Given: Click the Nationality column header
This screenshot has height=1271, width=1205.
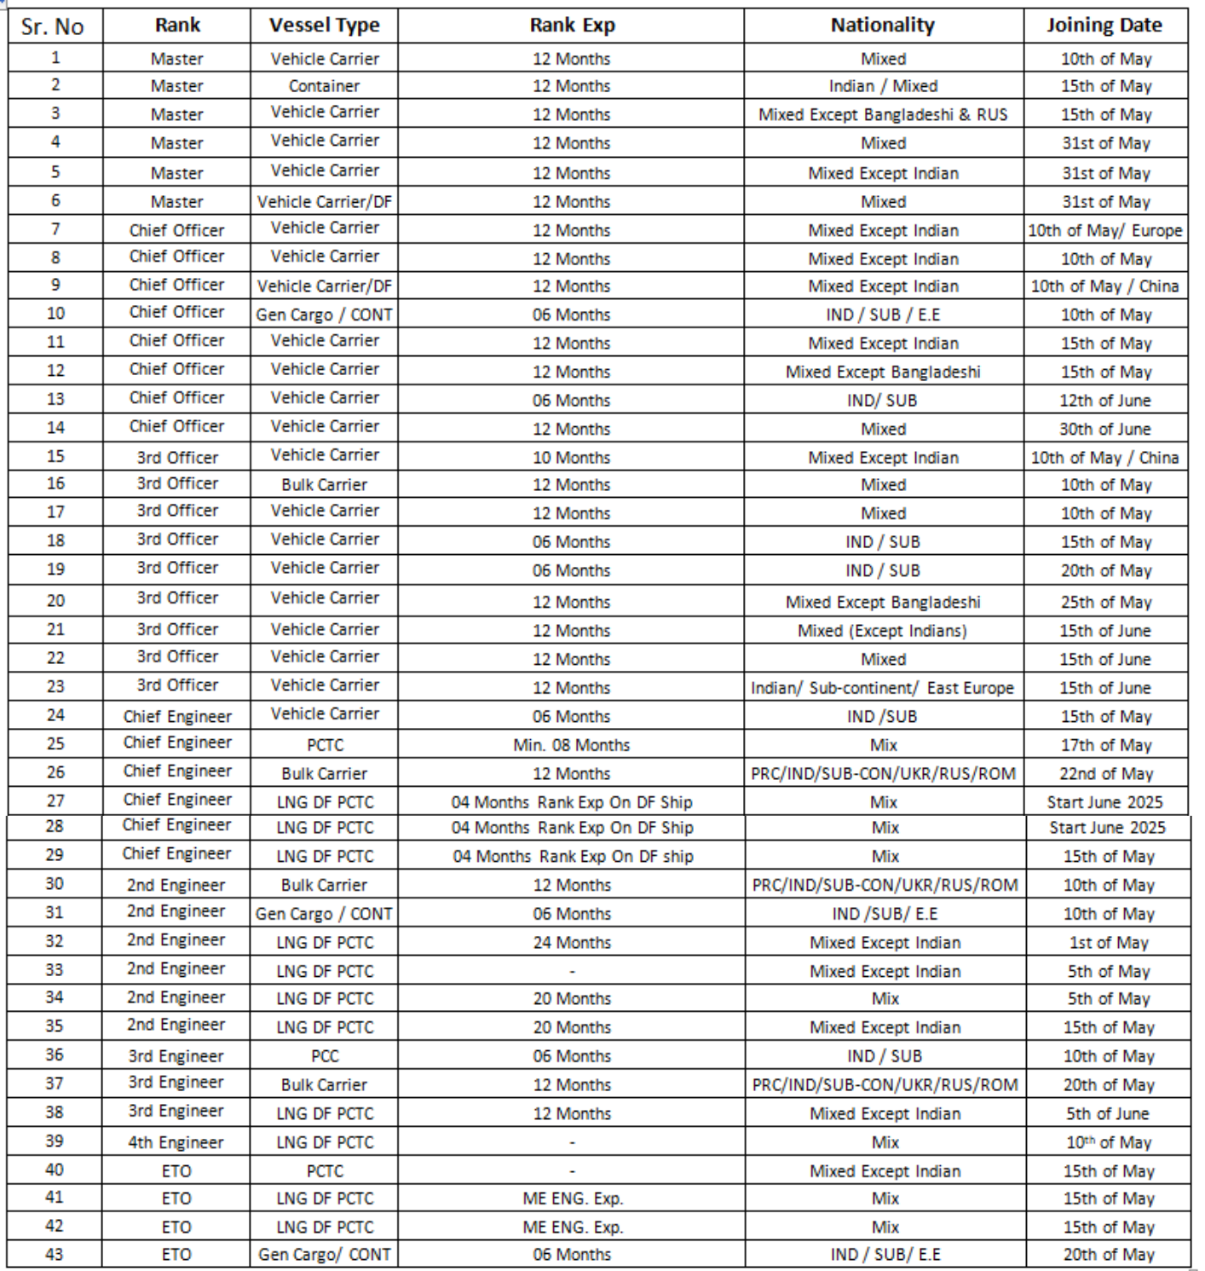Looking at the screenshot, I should pos(882,26).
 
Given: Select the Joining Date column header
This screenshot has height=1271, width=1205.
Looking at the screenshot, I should pos(1104,26).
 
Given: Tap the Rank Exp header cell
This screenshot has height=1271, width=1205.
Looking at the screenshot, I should pos(572,26).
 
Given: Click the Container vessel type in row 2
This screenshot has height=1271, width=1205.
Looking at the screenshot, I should pos(324,86).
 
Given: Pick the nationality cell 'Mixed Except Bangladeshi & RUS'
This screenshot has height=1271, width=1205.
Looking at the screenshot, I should pos(883,114).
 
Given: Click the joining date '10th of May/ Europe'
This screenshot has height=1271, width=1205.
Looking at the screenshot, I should pos(1104,230).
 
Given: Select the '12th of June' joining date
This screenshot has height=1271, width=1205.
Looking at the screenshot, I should pos(1105,400).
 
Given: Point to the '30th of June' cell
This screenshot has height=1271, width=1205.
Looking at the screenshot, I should pos(1105,429).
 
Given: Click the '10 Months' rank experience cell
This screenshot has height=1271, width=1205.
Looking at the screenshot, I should pos(572,457).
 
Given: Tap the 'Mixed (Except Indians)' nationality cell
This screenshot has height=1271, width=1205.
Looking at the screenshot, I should pos(883,631).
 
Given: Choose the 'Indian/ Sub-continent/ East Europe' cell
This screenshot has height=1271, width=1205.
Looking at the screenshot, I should pos(882,688).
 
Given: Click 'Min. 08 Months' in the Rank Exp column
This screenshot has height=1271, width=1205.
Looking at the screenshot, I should pos(572,745).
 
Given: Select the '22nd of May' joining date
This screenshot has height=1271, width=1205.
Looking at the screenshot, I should pos(1106,774).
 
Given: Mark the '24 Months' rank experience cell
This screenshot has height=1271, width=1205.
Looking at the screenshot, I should pos(572,943).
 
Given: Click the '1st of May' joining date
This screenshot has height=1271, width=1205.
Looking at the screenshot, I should pos(1109,943).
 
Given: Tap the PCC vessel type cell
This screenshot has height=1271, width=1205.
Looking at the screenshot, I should pos(325,1056).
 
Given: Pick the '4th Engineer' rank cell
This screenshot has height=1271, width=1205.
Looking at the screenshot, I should pos(176,1142).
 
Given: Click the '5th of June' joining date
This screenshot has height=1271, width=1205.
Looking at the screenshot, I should pos(1108,1113).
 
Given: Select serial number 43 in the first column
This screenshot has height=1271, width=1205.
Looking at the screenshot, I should pos(55,1255).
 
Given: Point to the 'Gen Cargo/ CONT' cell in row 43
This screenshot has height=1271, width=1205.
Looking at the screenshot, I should pos(325,1255).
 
